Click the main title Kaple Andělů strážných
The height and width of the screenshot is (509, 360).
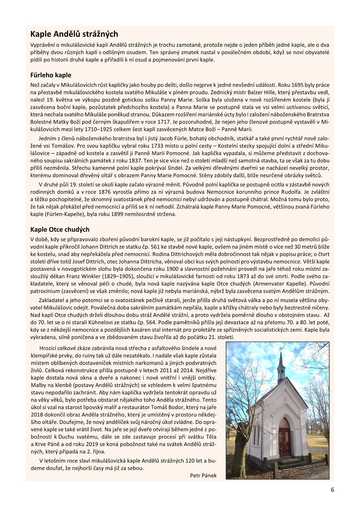pos(74,34)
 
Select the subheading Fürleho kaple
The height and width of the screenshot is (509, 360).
pos(51,75)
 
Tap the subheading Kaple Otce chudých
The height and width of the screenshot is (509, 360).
pos(60,230)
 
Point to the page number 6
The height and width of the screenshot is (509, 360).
pos(332,490)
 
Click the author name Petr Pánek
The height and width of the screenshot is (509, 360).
pos(203,475)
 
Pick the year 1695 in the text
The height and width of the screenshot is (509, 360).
pos(298,85)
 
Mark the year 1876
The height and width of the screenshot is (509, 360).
pos(106,192)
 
